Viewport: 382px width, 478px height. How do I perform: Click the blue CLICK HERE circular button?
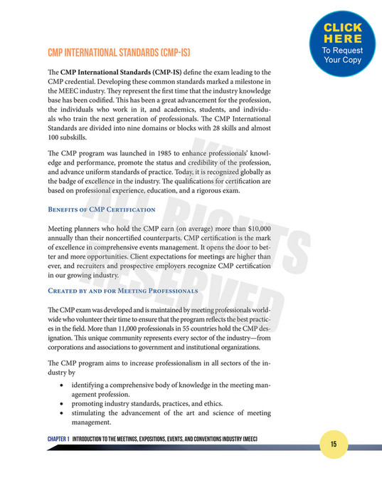point(343,41)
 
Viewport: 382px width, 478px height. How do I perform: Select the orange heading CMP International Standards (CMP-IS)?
point(118,52)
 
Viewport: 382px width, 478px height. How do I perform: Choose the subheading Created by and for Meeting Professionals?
point(122,291)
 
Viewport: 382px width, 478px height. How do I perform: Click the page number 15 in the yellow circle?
point(334,444)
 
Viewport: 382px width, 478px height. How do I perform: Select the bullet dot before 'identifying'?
point(64,385)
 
